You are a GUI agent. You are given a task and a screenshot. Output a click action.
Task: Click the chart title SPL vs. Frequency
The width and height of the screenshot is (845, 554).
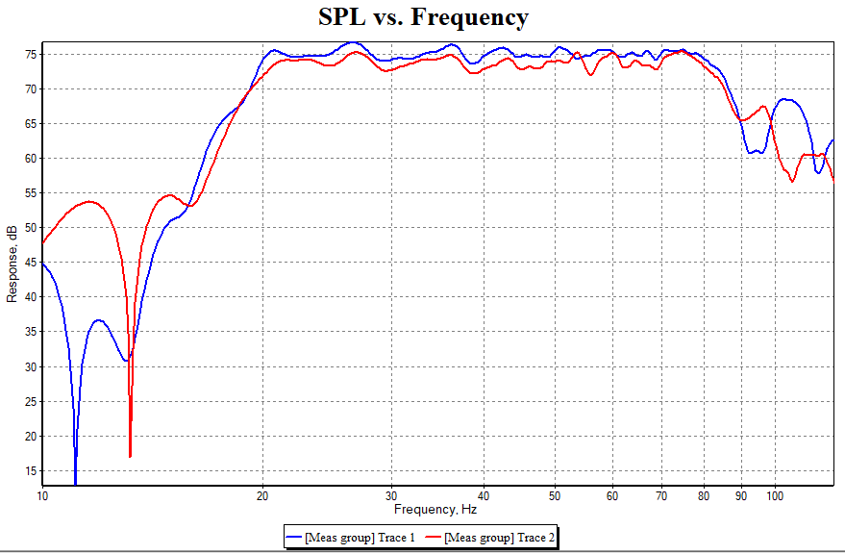(423, 17)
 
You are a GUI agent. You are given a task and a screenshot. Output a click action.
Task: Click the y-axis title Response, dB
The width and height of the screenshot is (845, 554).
(12, 264)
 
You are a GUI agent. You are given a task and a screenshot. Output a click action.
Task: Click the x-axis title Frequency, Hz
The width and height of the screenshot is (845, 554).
(435, 509)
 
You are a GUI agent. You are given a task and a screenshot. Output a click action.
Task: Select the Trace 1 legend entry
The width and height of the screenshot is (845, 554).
(352, 537)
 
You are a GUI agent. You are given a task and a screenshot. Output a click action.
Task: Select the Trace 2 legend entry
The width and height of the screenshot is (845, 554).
(490, 537)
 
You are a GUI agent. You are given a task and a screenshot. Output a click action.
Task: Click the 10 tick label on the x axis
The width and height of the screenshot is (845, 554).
(42, 496)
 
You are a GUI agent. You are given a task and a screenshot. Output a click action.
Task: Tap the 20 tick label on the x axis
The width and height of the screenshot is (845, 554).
(262, 496)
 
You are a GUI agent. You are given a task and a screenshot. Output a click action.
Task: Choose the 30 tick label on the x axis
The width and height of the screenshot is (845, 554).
(391, 496)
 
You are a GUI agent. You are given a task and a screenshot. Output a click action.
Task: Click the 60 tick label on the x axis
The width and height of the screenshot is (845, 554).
(611, 496)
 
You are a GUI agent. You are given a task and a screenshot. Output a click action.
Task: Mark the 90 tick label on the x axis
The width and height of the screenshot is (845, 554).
(741, 496)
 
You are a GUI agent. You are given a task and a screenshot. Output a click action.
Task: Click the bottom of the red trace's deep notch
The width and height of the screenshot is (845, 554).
(130, 456)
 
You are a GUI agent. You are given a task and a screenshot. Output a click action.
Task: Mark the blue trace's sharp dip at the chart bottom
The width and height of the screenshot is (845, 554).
(75, 481)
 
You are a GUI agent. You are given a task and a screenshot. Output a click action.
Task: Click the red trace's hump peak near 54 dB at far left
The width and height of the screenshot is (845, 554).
(88, 201)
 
